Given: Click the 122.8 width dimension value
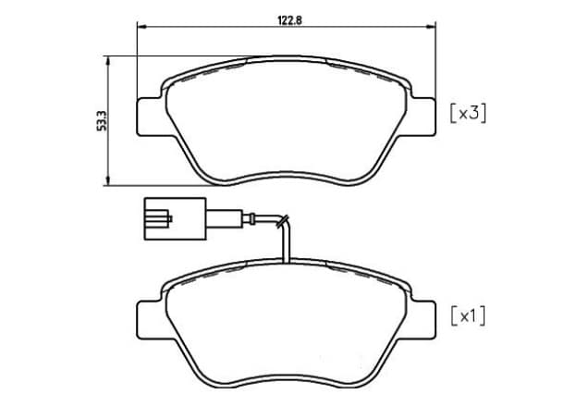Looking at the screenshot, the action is tap(289, 20).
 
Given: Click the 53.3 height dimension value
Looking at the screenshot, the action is tap(102, 120).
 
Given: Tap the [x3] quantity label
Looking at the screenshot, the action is tap(468, 113).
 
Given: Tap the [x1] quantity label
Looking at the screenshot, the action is tap(468, 317).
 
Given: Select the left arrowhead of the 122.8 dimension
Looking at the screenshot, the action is tap(141, 27).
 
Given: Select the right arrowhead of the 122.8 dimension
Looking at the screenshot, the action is tap(431, 27).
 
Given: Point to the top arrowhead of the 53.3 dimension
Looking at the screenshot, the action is tap(108, 61).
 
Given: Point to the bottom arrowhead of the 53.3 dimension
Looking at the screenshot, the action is tap(108, 180).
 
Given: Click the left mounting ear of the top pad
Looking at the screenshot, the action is tap(150, 117).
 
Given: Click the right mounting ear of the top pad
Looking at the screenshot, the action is tap(423, 117).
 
